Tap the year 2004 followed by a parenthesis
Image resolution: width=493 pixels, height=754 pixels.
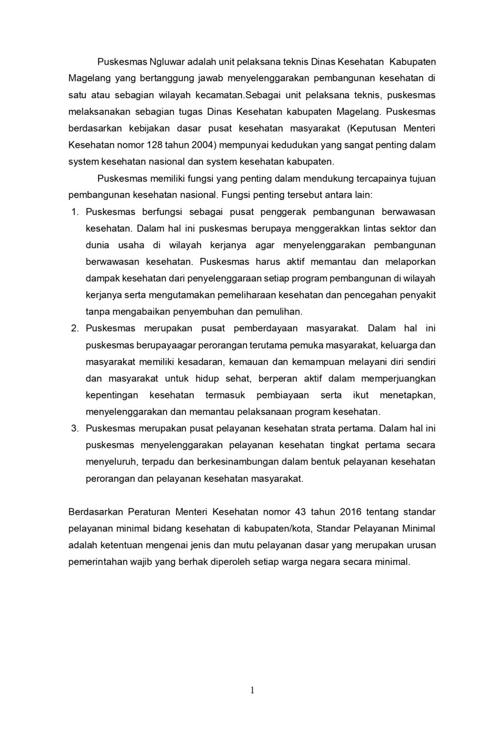(203, 145)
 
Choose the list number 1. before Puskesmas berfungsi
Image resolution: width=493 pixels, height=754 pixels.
(75, 212)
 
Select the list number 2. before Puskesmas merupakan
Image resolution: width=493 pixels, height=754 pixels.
(75, 328)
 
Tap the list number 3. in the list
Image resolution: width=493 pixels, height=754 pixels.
(75, 428)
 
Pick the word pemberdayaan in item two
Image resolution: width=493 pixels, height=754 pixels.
(266, 328)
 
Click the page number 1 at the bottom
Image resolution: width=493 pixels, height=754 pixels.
(252, 690)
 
